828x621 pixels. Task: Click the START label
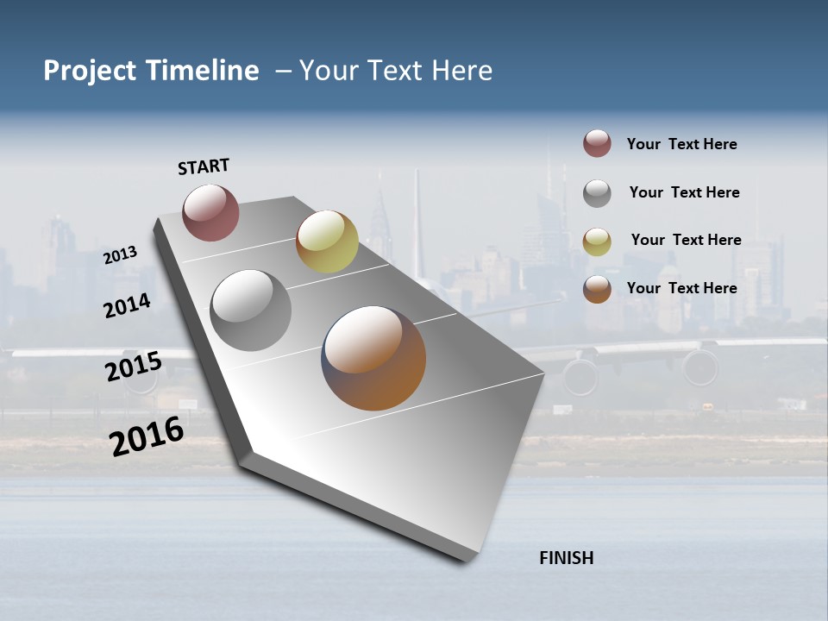(x=204, y=166)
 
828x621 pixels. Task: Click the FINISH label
(x=566, y=558)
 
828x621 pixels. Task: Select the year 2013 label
(x=120, y=255)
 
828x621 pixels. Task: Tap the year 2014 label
(x=127, y=306)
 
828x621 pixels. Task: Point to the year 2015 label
(x=133, y=367)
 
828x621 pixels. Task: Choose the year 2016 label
(x=146, y=436)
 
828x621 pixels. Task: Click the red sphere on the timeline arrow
(x=210, y=212)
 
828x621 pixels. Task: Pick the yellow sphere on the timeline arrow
(x=327, y=241)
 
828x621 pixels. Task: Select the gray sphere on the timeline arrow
(x=250, y=310)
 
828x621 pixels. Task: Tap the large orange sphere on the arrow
(x=373, y=358)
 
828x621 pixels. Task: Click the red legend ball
(x=597, y=143)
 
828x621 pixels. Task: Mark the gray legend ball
(x=597, y=192)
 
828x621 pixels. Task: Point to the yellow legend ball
(x=597, y=241)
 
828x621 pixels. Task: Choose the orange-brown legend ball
(x=597, y=288)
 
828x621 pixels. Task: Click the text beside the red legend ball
(x=681, y=144)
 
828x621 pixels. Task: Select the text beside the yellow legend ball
(x=686, y=240)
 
